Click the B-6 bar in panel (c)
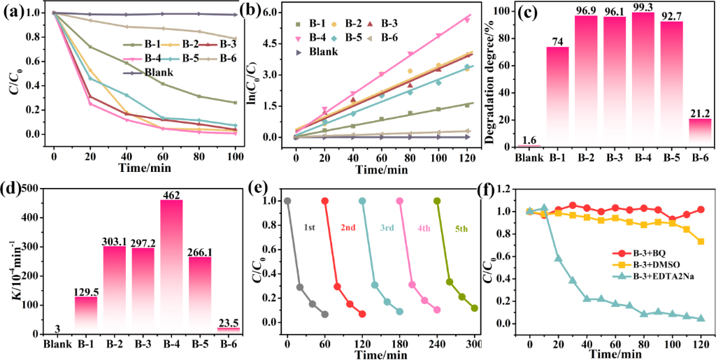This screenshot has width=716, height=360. point(699,133)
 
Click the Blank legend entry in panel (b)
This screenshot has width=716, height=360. point(320,51)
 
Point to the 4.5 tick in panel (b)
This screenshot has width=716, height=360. point(273,43)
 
